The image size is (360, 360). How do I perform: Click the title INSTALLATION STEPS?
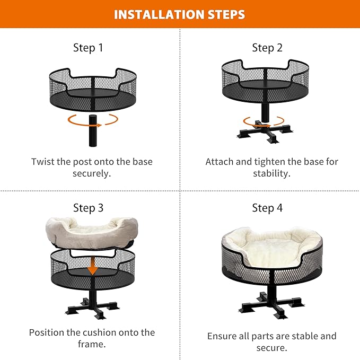click(x=180, y=14)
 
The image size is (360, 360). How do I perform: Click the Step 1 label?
click(x=88, y=48)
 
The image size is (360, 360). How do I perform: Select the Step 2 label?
click(x=267, y=48)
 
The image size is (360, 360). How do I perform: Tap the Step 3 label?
click(x=88, y=208)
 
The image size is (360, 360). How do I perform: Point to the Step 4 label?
click(x=267, y=208)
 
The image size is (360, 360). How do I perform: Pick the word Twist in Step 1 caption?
click(x=43, y=162)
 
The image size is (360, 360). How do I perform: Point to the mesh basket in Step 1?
click(x=93, y=87)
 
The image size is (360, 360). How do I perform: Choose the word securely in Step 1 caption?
click(x=91, y=173)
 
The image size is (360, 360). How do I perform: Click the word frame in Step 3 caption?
click(x=93, y=345)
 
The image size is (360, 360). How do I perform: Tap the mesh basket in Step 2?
click(x=265, y=80)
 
